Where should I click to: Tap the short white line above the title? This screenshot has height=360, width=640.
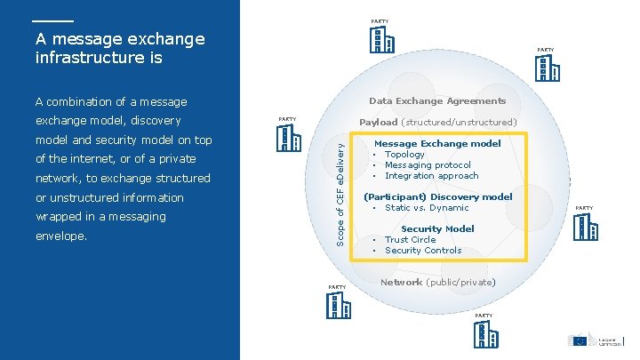(x=52, y=20)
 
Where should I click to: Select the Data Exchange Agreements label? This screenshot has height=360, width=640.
(x=437, y=101)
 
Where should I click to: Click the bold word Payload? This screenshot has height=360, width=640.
(x=378, y=123)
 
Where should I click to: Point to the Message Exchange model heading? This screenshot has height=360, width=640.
(x=437, y=143)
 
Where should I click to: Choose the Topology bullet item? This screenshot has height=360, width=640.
(x=404, y=155)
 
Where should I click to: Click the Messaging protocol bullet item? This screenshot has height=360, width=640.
(x=428, y=165)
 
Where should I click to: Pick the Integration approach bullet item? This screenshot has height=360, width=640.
(x=431, y=176)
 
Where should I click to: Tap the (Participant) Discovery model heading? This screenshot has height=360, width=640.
(x=438, y=196)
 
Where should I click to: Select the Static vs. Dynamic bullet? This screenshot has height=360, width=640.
(x=427, y=208)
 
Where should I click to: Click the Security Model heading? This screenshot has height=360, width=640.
(x=437, y=228)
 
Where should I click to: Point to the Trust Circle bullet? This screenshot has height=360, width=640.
(x=410, y=240)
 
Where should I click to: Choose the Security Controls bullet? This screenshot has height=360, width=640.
(x=423, y=251)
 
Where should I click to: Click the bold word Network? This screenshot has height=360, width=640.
(x=401, y=282)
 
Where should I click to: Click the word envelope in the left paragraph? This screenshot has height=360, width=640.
(x=60, y=236)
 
